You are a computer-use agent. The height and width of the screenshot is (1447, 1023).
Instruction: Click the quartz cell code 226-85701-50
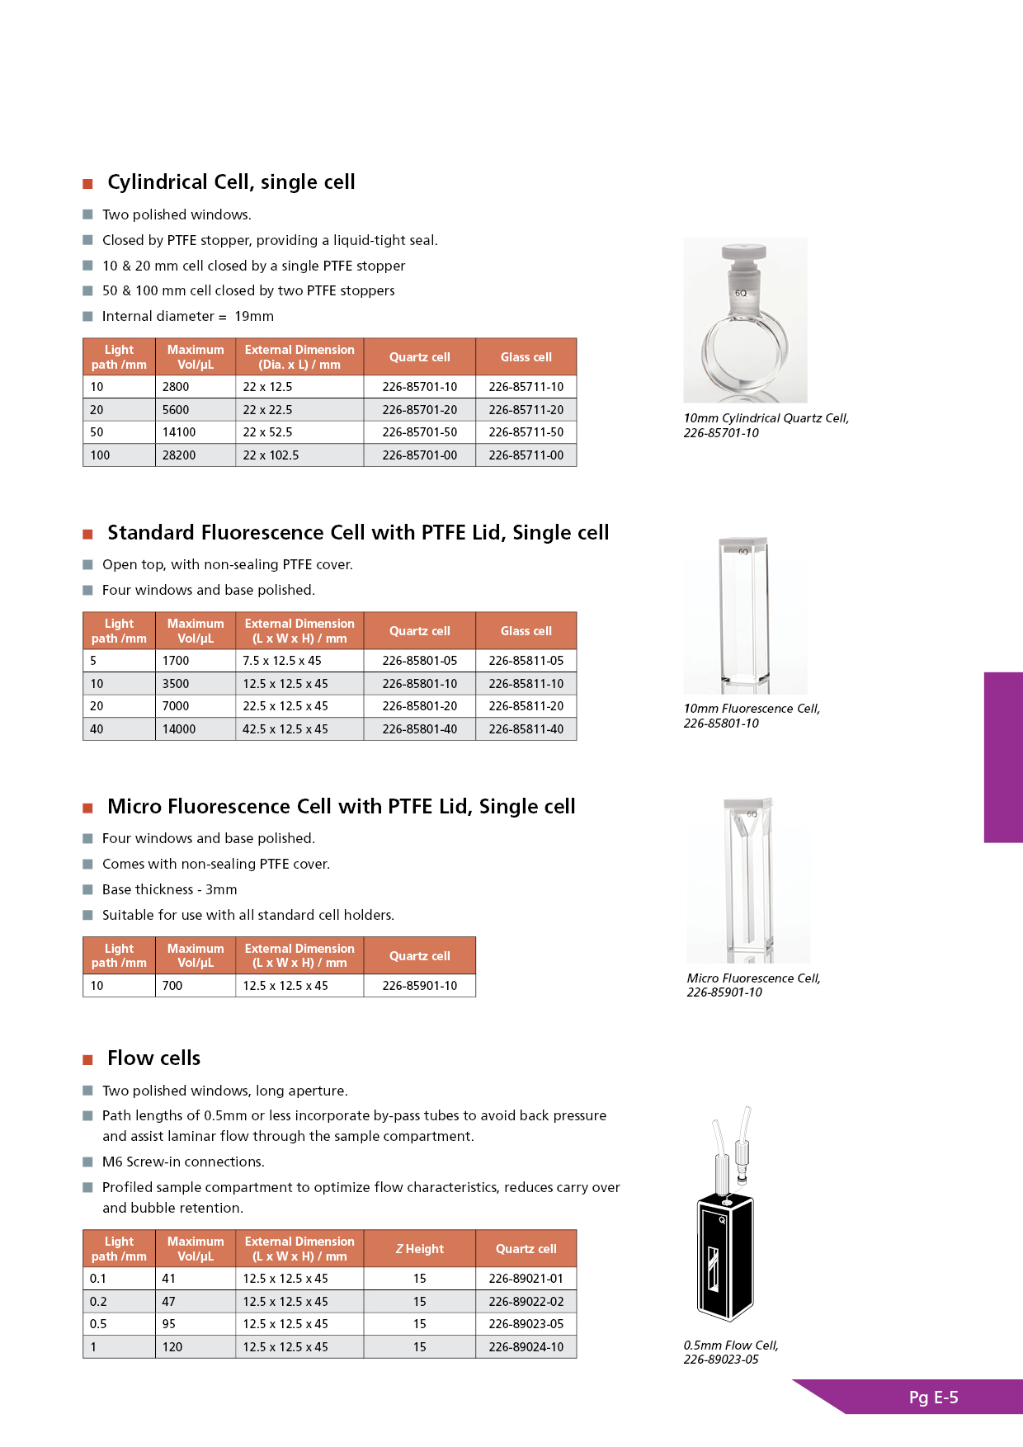[419, 432]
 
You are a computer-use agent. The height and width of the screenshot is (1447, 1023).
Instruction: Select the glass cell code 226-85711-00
[526, 455]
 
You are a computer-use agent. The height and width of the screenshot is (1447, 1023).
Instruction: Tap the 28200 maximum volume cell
[179, 455]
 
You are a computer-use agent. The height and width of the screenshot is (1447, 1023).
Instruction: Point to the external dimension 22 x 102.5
[271, 455]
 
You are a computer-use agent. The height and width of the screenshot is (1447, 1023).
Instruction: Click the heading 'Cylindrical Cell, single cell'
[231, 182]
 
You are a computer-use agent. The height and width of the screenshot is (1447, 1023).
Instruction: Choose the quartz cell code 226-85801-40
[419, 729]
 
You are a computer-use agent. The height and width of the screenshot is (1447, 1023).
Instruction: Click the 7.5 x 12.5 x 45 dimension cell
[282, 661]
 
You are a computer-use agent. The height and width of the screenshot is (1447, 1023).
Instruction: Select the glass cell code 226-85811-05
[526, 661]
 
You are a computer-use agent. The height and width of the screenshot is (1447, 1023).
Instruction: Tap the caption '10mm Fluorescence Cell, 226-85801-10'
[752, 716]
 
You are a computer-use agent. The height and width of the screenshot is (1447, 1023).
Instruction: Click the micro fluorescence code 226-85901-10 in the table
[419, 986]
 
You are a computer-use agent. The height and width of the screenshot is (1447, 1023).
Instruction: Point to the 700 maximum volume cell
[172, 986]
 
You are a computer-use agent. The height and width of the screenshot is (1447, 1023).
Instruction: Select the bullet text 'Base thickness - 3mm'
[169, 889]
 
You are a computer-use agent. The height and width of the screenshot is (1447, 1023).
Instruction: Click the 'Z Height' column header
[419, 1249]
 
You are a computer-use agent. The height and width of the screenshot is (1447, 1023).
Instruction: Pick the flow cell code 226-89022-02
[526, 1302]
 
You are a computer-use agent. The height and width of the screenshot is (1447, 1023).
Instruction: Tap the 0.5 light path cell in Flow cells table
[98, 1324]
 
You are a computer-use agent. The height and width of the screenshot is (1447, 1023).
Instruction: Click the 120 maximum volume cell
[172, 1347]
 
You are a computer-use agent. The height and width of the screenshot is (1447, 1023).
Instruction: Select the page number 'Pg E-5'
[933, 1398]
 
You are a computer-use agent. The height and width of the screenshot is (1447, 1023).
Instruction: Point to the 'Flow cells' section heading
[153, 1058]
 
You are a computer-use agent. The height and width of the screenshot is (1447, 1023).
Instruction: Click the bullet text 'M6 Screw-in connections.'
[183, 1162]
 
